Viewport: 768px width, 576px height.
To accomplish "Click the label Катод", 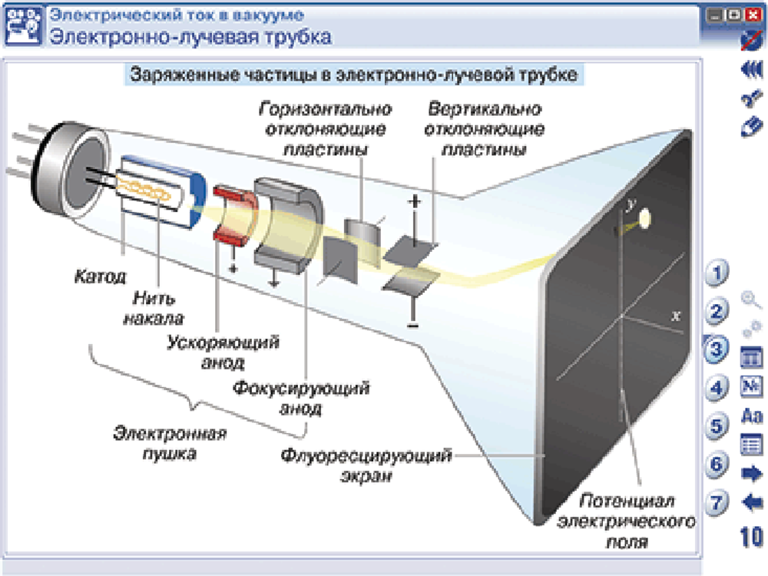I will (x=100, y=274).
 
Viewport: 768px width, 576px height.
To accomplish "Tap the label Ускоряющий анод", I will (x=222, y=349).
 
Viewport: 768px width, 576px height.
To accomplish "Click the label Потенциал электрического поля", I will (x=626, y=522).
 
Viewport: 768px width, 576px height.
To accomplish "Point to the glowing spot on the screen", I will (x=644, y=219).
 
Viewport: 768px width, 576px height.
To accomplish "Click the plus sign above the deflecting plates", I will (x=415, y=203).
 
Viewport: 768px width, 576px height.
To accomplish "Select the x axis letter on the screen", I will (x=675, y=315).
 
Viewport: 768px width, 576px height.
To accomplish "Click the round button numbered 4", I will (x=717, y=387).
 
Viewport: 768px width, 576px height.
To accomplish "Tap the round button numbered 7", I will (x=717, y=503).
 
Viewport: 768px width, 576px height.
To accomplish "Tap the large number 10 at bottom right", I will (x=751, y=538).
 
